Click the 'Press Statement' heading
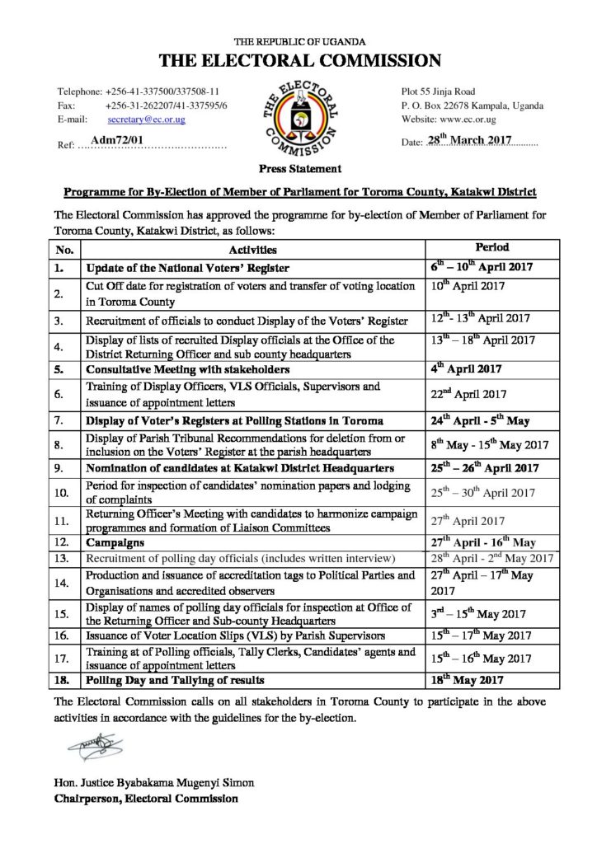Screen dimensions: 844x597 pyautogui.click(x=298, y=169)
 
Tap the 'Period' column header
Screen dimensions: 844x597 pyautogui.click(x=493, y=247)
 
